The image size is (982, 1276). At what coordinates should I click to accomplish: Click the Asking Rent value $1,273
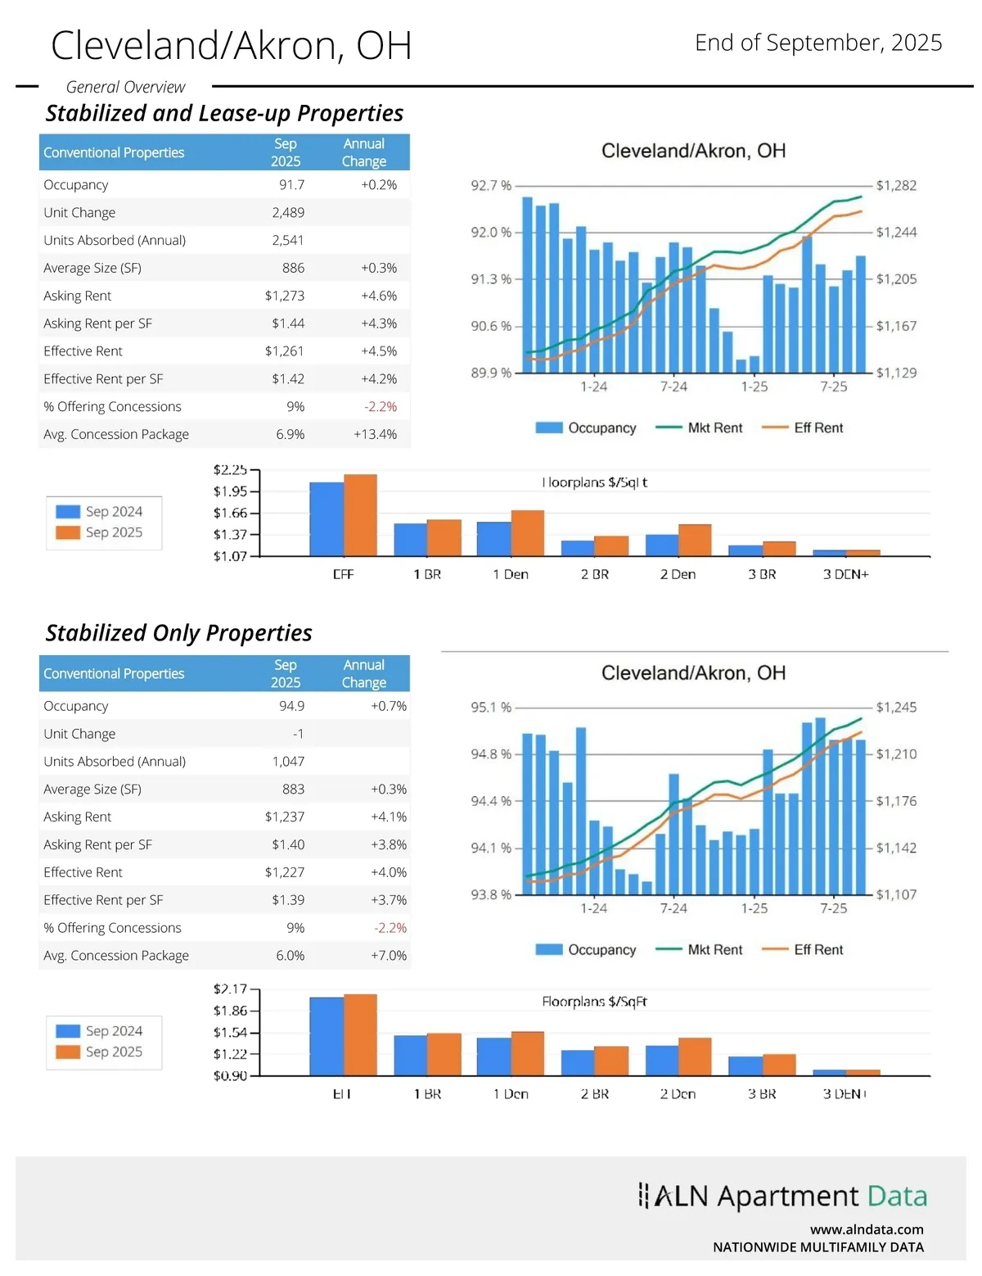284,296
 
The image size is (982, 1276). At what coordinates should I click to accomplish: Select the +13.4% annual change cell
375,434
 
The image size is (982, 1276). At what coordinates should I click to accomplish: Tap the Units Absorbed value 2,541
287,240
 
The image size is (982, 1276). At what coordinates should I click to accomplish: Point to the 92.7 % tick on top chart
490,186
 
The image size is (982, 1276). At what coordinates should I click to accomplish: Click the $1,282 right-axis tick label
896,186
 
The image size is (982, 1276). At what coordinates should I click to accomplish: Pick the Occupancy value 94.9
291,706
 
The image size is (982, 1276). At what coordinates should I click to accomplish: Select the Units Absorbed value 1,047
288,762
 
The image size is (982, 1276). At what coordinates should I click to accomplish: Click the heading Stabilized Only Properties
178,633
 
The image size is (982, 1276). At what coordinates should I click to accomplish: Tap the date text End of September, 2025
818,43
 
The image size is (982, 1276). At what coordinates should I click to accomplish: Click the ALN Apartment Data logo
782,1197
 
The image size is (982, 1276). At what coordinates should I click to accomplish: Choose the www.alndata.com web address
867,1229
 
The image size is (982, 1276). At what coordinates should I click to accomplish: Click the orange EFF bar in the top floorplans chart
360,515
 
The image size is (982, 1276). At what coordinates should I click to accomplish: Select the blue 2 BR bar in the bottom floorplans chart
578,1062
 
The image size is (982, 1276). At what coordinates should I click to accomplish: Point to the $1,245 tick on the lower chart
896,708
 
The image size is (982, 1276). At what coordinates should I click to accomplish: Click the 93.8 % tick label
490,894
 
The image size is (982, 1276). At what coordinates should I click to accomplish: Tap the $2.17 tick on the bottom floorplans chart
230,989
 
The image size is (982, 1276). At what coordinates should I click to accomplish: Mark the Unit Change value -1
298,734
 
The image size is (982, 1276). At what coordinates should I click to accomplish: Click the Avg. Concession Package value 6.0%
290,956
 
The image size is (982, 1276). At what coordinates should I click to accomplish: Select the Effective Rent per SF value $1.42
288,379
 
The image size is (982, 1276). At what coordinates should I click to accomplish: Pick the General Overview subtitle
125,87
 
